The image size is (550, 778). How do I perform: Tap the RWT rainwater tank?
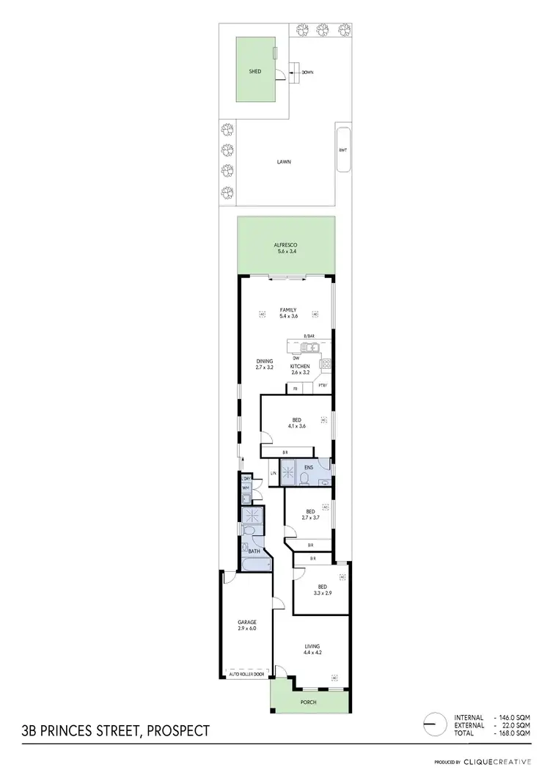[342, 150]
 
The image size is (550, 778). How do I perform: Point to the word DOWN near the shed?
[307, 73]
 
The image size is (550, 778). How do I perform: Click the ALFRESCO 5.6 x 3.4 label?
[285, 248]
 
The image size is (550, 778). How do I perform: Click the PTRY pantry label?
[322, 387]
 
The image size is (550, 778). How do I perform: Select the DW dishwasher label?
[296, 358]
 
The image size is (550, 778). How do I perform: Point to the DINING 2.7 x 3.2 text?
[265, 364]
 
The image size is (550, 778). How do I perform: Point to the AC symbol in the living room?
[335, 678]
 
